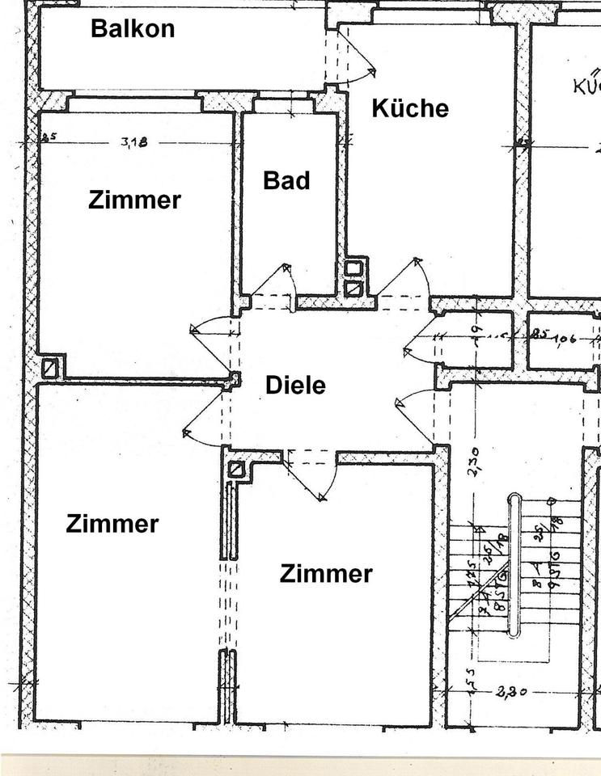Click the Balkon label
click(133, 29)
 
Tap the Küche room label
click(410, 108)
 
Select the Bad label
click(286, 180)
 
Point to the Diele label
click(295, 386)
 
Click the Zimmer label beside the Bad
click(134, 200)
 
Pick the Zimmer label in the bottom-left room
click(112, 524)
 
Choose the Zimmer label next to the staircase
click(326, 574)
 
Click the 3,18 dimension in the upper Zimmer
click(134, 142)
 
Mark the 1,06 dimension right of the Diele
click(565, 338)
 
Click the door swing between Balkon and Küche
click(358, 60)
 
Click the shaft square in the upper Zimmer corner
click(52, 368)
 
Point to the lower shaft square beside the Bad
click(353, 288)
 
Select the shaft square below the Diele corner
click(236, 470)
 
